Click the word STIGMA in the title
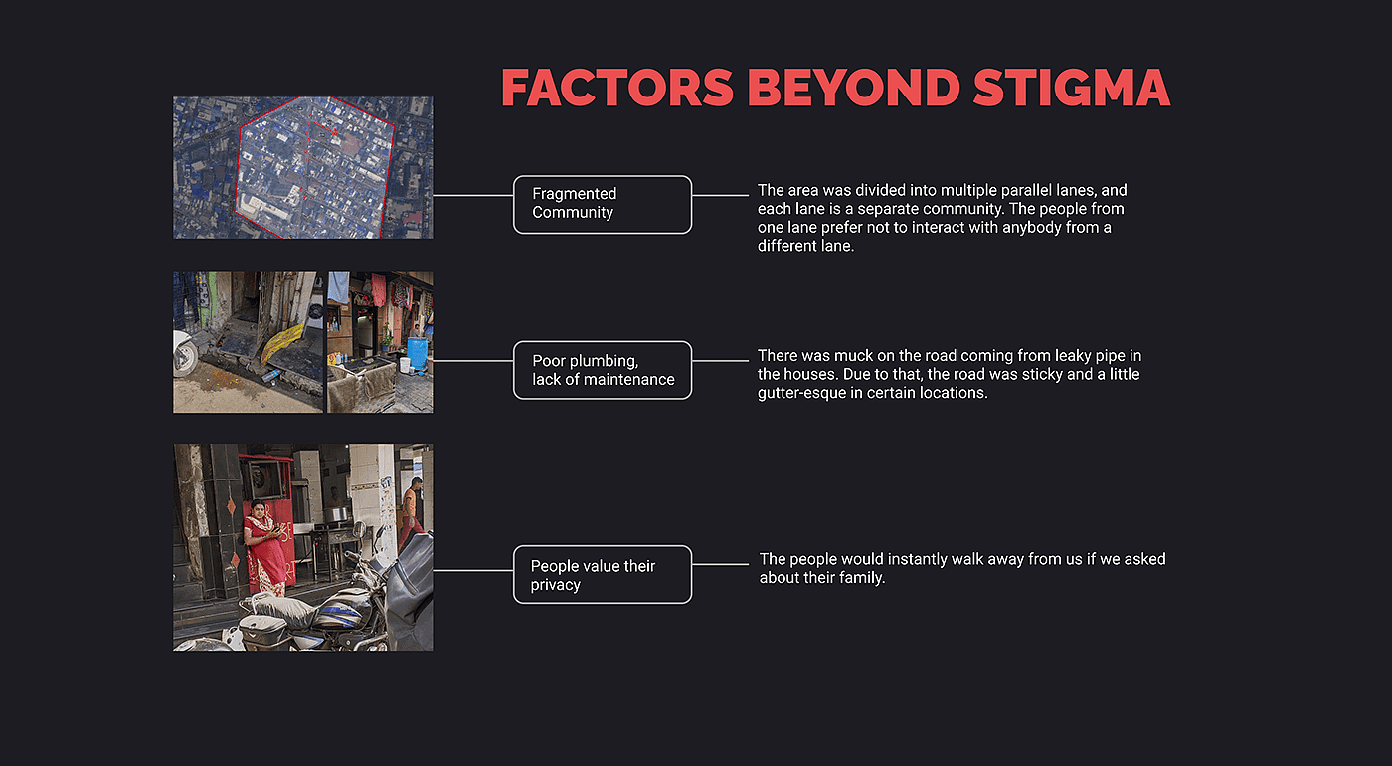[1072, 88]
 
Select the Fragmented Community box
[603, 205]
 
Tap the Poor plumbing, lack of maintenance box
[603, 370]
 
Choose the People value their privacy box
[603, 575]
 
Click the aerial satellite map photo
[302, 167]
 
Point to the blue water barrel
[417, 353]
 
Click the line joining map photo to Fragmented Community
[473, 195]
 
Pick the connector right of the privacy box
[720, 565]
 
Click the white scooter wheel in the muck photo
[185, 356]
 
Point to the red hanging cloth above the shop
[379, 289]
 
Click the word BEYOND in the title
[854, 88]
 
